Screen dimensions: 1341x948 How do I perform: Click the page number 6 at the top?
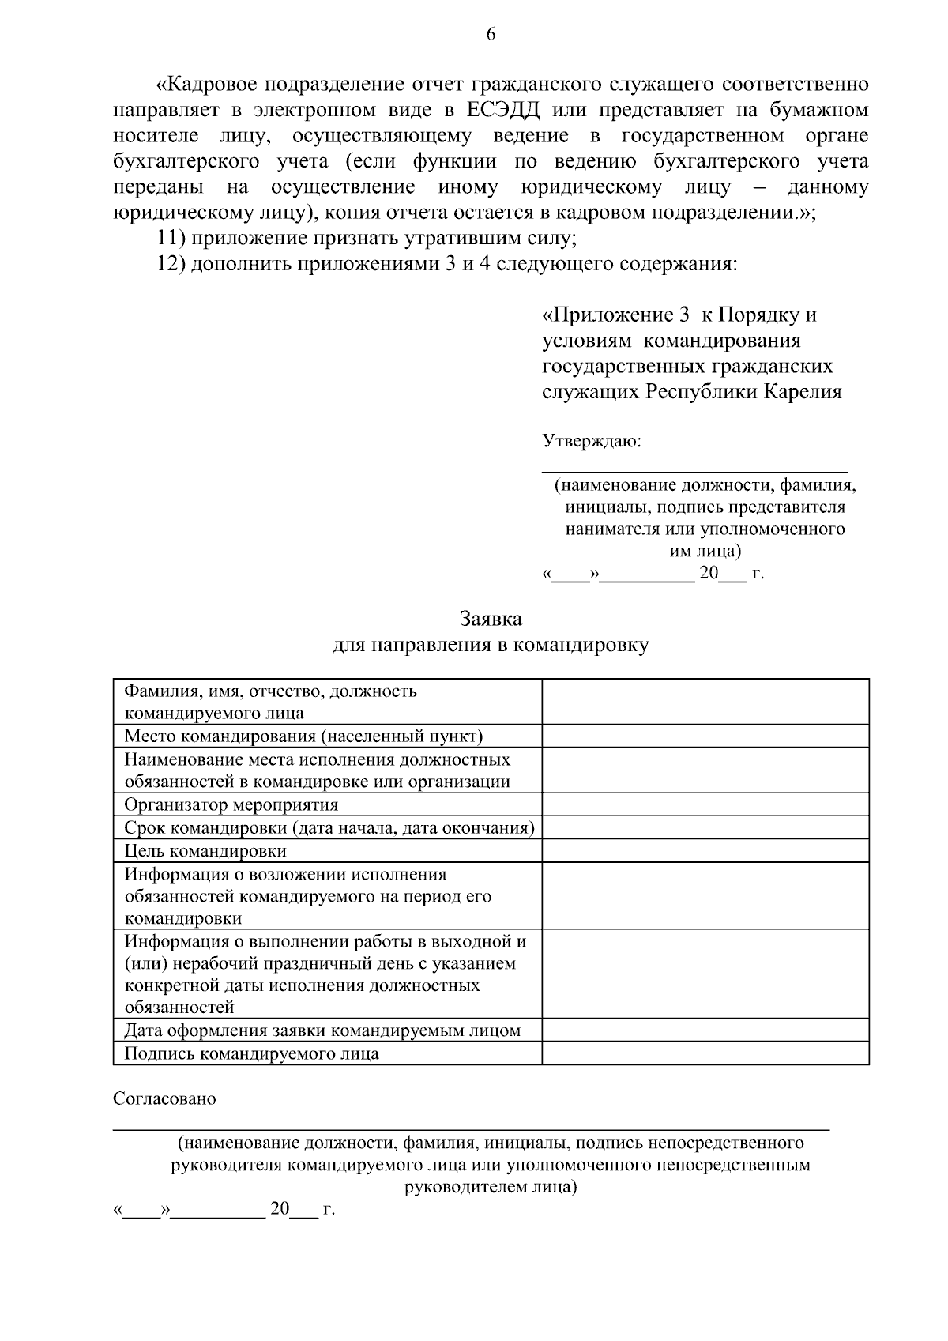490,34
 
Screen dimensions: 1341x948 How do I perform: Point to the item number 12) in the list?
171,264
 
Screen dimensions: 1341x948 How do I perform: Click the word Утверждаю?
592,441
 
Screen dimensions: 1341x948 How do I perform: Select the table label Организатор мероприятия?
231,805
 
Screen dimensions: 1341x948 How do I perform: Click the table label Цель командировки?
205,851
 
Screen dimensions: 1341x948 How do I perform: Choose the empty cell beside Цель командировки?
705,851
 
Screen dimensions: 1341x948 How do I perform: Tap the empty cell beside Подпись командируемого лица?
705,1053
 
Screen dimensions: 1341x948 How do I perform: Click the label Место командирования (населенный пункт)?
303,736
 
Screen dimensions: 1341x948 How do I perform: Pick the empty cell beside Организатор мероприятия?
705,805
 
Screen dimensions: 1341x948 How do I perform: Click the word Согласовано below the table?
164,1098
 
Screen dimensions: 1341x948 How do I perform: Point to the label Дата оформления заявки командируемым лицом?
322,1030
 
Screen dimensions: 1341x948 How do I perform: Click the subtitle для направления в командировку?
490,645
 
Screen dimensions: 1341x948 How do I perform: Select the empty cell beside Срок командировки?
705,828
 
